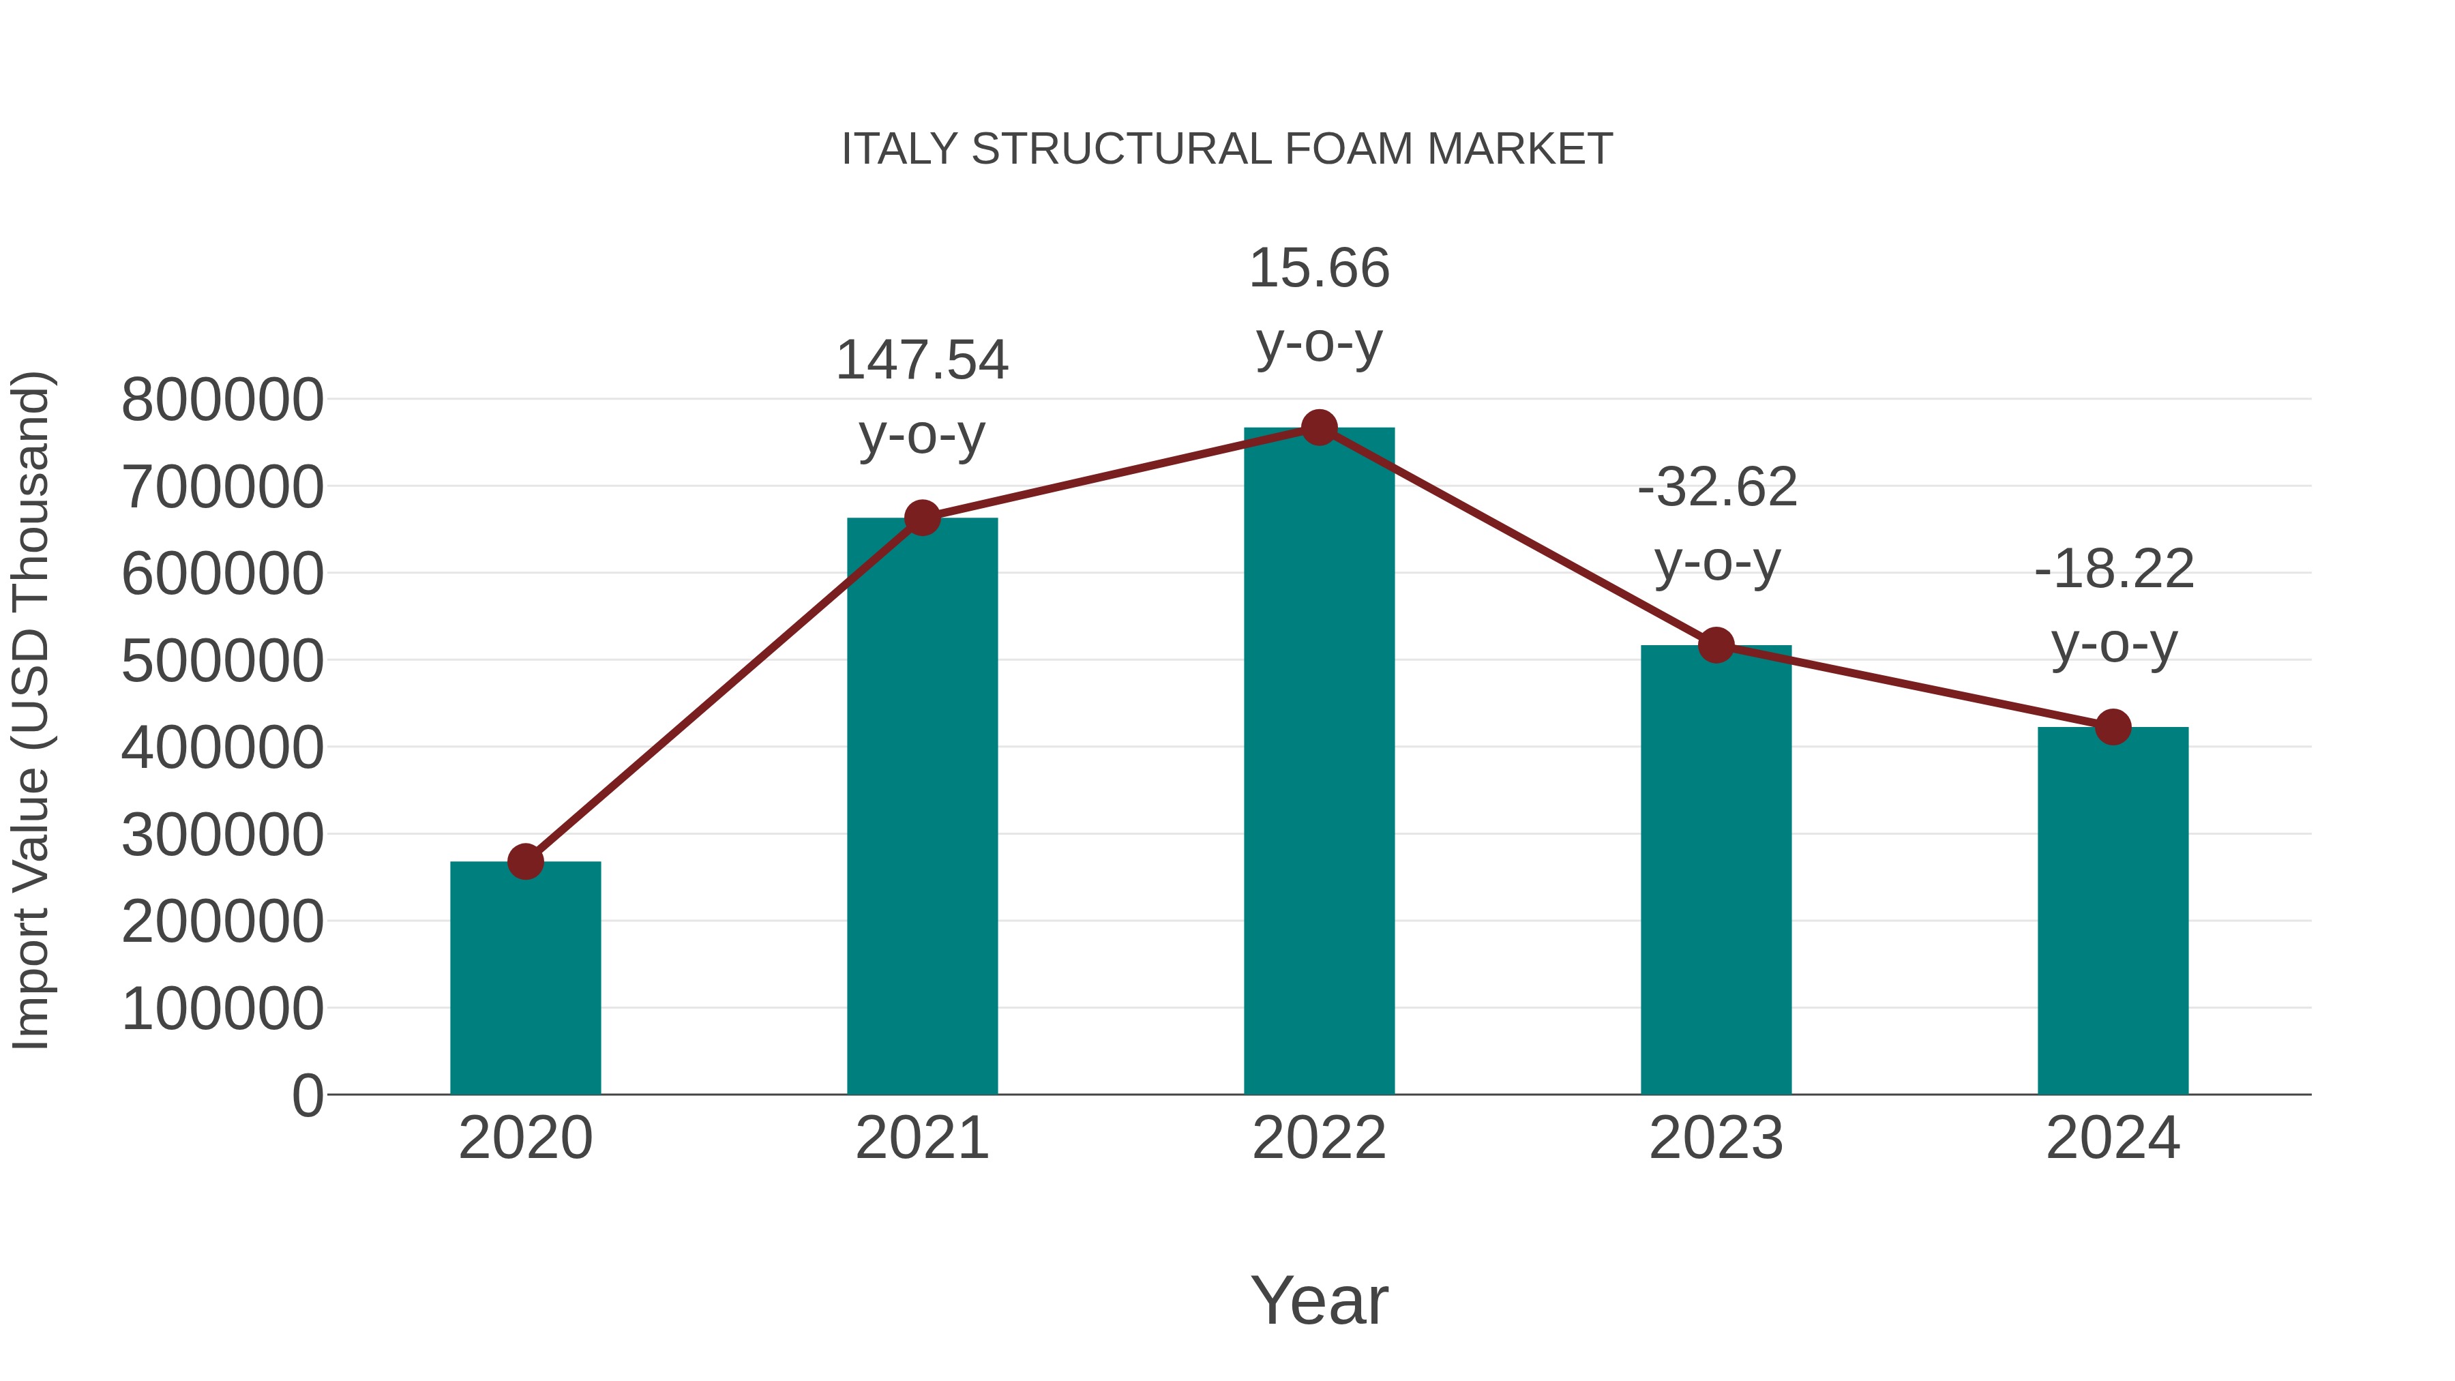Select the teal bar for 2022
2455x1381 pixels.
pyautogui.click(x=1319, y=762)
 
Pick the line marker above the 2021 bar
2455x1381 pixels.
pyautogui.click(x=921, y=518)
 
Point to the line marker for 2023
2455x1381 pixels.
pyautogui.click(x=1716, y=645)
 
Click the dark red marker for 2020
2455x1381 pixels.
pyautogui.click(x=525, y=861)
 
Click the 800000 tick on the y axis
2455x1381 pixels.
pyautogui.click(x=222, y=400)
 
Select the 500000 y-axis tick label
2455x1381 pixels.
pyautogui.click(x=222, y=660)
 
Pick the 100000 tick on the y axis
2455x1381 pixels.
pyautogui.click(x=222, y=1009)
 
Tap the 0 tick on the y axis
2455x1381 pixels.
pyautogui.click(x=307, y=1095)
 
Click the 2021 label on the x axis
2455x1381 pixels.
pyautogui.click(x=921, y=1138)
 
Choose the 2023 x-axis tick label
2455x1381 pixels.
pyautogui.click(x=1716, y=1138)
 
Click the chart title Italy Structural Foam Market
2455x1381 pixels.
pyautogui.click(x=1227, y=149)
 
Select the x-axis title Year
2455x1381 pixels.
pyautogui.click(x=1319, y=1300)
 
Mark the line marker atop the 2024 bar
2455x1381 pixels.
pyautogui.click(x=2113, y=727)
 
